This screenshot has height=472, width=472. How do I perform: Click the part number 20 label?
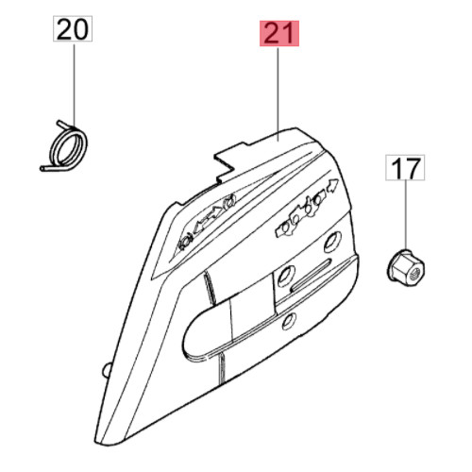pyautogui.click(x=73, y=28)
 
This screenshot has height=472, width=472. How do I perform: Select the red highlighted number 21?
pyautogui.click(x=279, y=33)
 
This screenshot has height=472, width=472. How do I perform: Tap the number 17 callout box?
pyautogui.click(x=405, y=168)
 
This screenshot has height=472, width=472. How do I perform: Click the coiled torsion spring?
pyautogui.click(x=64, y=147)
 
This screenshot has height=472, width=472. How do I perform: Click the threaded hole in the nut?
pyautogui.click(x=414, y=272)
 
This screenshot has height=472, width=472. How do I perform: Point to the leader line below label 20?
pyautogui.click(x=75, y=84)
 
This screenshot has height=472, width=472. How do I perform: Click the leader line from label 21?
pyautogui.click(x=278, y=93)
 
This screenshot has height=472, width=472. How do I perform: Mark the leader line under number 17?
pyautogui.click(x=405, y=214)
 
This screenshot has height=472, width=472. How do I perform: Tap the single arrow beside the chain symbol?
pyautogui.click(x=331, y=185)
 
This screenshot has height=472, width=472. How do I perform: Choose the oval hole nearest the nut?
pyautogui.click(x=332, y=240)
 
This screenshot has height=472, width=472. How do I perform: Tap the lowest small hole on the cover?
pyautogui.click(x=289, y=321)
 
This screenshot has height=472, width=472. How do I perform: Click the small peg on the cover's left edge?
pyautogui.click(x=107, y=369)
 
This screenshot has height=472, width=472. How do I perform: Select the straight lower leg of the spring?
pyautogui.click(x=50, y=169)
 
